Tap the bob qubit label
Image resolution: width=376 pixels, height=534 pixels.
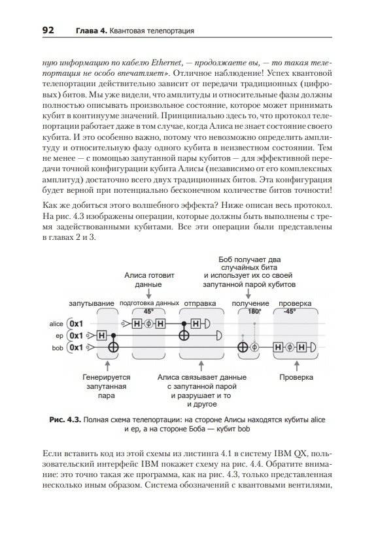[58, 347]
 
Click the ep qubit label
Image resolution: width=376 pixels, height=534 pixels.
[60, 336]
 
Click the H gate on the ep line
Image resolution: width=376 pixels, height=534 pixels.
[101, 336]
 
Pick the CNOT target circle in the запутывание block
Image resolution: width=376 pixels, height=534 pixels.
[115, 347]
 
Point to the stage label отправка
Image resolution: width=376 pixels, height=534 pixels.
[199, 305]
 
